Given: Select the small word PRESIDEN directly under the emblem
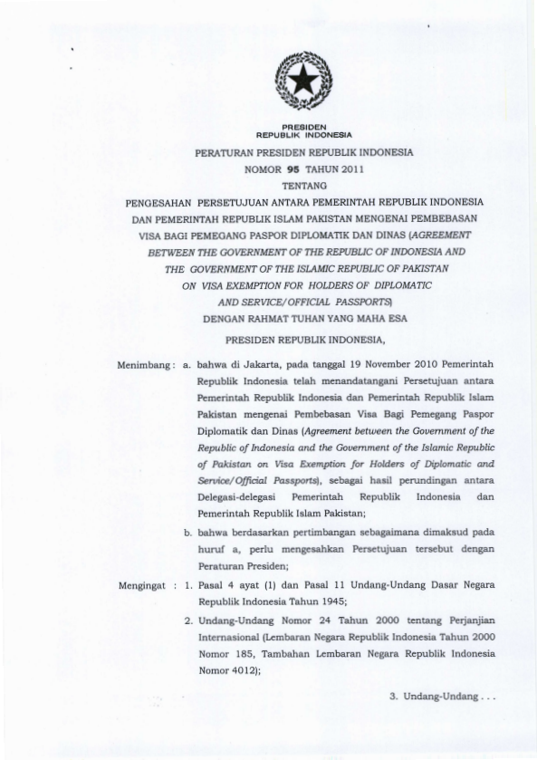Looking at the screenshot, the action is pos(298,125).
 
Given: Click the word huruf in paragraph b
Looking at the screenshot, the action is pos(211,553).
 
